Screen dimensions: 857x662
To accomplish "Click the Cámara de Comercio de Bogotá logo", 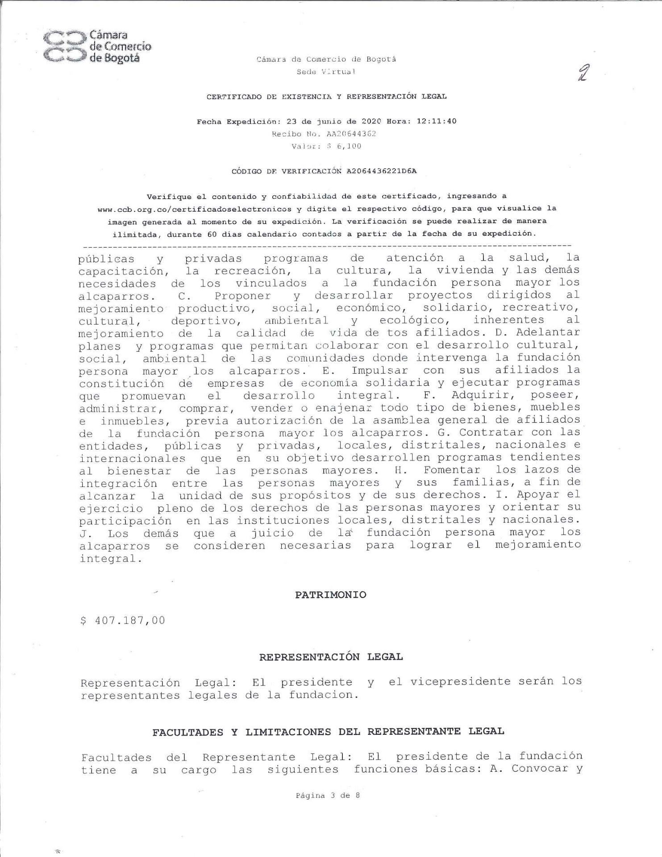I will [x=97, y=46].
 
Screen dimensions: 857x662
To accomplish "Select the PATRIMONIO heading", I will [x=330, y=595].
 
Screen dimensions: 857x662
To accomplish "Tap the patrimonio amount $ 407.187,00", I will [x=122, y=620].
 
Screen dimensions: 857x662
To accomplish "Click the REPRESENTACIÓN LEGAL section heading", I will [x=331, y=657].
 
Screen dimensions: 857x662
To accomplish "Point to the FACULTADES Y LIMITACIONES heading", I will [x=328, y=732].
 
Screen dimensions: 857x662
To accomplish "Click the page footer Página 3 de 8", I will [x=328, y=795].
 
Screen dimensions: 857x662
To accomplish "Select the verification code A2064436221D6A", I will [x=382, y=171].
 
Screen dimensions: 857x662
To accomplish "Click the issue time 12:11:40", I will [x=436, y=121].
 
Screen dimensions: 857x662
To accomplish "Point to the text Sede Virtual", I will [x=326, y=71].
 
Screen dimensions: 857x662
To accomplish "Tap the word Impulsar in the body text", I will [x=379, y=370].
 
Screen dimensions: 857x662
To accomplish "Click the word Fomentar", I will [x=452, y=470].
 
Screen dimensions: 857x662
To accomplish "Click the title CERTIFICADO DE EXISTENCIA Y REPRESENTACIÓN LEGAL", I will [x=326, y=96].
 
